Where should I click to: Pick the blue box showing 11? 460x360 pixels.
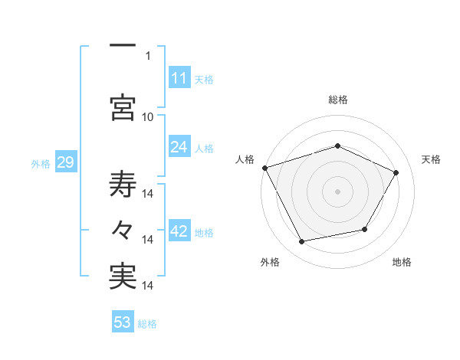tap(179, 78)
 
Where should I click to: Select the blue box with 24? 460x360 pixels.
tap(179, 147)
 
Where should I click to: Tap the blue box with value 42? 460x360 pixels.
tap(179, 231)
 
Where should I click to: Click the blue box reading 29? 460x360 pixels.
tap(65, 163)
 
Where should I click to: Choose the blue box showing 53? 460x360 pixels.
tap(123, 322)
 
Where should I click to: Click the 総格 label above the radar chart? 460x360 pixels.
tap(338, 100)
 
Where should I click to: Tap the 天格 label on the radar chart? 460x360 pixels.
tap(432, 159)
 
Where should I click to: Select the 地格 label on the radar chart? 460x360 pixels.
tap(402, 263)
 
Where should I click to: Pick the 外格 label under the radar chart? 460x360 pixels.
tap(270, 263)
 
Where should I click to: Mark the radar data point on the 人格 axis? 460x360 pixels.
tap(264, 168)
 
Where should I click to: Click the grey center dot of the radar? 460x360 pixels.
tap(338, 191)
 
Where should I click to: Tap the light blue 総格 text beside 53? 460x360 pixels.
tap(148, 324)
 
